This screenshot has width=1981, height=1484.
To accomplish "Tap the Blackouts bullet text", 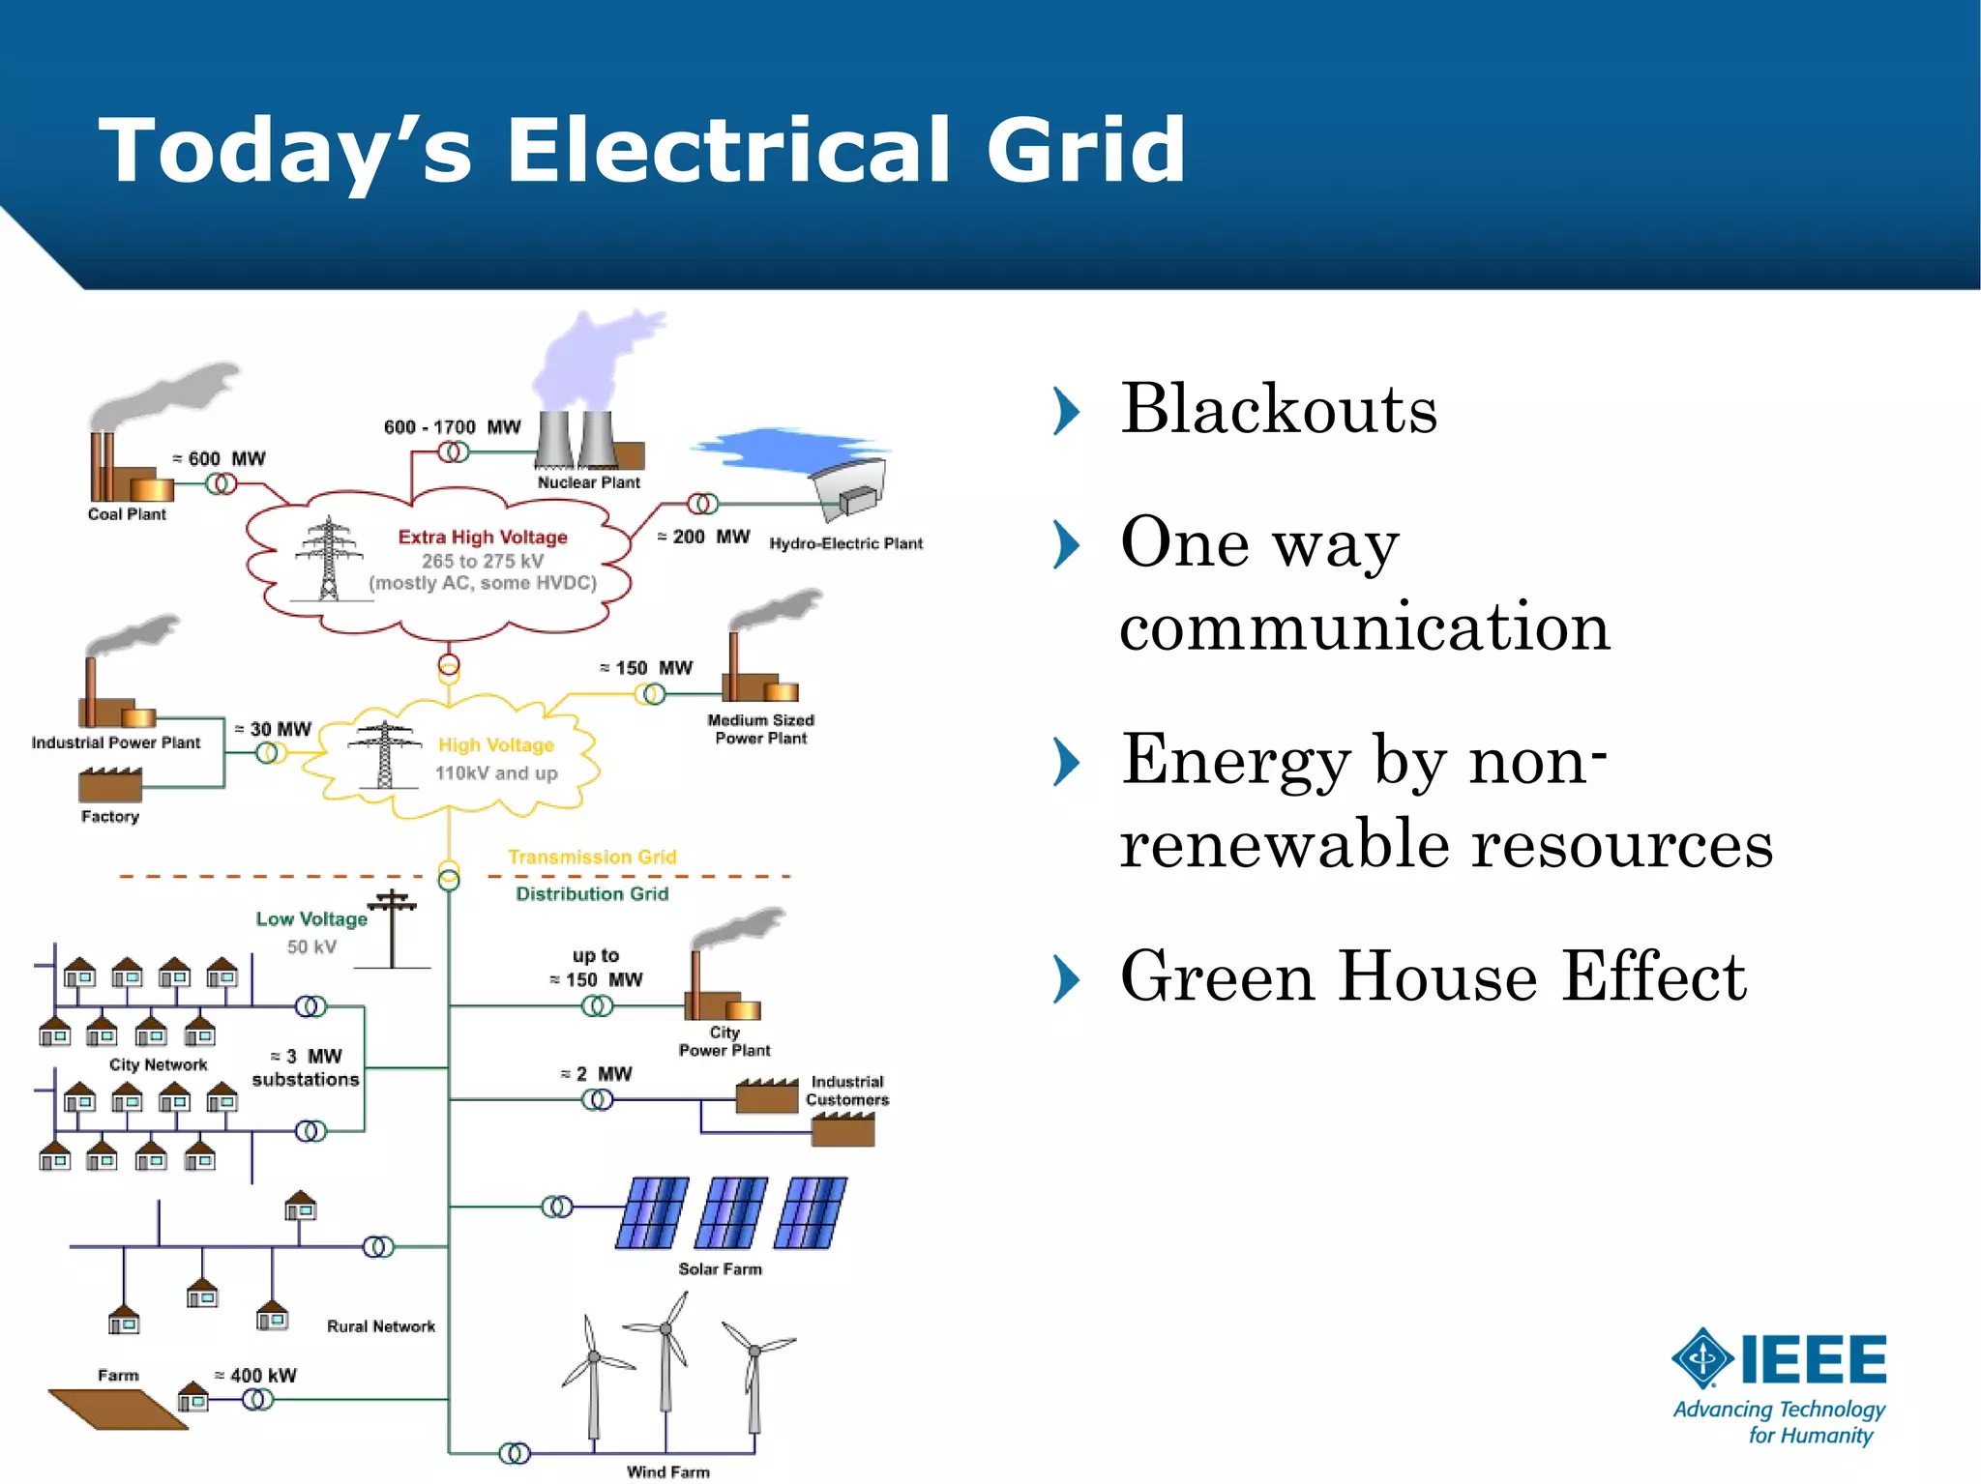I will click(1278, 409).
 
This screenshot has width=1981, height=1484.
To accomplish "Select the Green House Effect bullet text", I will click(1433, 976).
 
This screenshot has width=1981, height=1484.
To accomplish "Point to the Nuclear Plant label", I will click(588, 482).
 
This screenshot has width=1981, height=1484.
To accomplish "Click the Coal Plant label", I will click(127, 514).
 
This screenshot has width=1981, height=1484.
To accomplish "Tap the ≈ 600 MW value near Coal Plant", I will click(219, 458).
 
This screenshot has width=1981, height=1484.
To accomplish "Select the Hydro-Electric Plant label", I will click(845, 543).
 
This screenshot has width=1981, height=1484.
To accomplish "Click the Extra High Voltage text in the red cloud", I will click(483, 537).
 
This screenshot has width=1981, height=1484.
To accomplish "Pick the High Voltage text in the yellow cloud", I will click(496, 744).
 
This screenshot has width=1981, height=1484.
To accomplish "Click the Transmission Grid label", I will click(592, 857).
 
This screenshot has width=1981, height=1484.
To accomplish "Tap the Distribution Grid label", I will click(592, 893).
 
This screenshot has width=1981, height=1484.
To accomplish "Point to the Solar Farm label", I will click(720, 1268).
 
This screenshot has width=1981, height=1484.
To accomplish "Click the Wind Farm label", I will click(667, 1471).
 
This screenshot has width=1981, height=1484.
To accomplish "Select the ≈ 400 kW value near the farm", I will click(255, 1375).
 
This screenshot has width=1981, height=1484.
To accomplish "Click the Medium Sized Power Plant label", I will click(760, 729).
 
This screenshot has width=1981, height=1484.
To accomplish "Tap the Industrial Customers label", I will click(847, 1091).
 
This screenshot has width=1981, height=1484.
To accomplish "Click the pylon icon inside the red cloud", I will click(329, 559).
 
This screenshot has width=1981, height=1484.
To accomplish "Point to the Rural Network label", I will click(381, 1326).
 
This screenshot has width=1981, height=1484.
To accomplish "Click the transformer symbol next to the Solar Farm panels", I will click(557, 1207).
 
